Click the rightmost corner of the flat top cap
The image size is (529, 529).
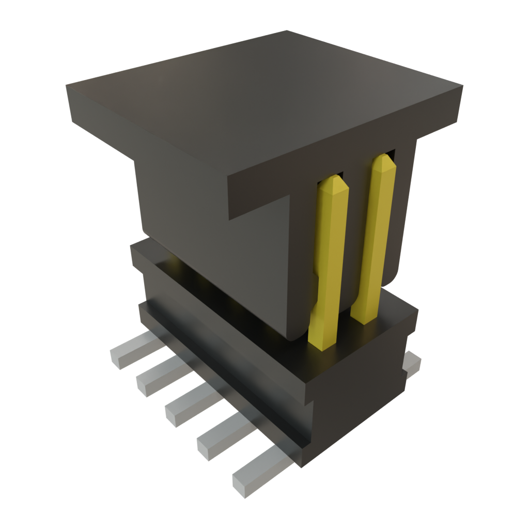[x=462, y=85]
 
